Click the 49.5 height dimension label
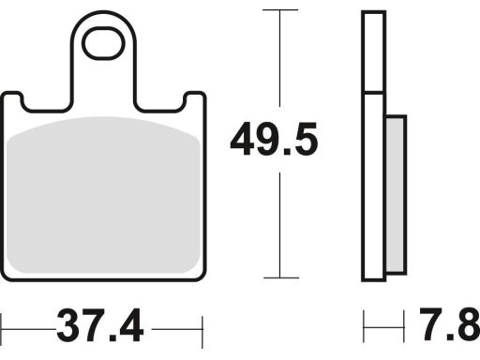click(x=274, y=140)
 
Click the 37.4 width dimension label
click(x=100, y=325)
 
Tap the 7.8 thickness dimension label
click(x=450, y=324)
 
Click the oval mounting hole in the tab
click(x=103, y=43)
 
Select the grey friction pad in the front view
click(x=103, y=195)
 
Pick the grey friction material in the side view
click(x=396, y=195)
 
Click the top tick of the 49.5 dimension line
click(x=280, y=10)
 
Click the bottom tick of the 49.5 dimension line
click(x=281, y=277)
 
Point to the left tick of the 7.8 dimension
click(x=364, y=326)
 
